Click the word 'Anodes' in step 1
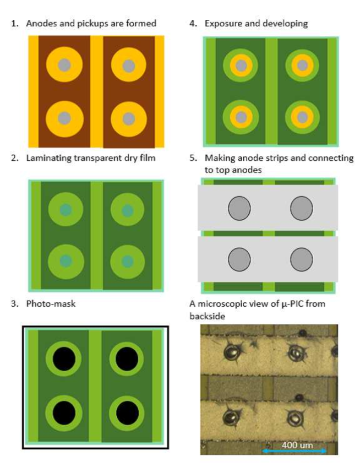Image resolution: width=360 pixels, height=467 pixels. tap(42, 24)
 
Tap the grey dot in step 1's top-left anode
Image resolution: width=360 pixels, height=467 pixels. tap(64, 65)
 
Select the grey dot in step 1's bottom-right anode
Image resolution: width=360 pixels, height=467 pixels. tap(129, 118)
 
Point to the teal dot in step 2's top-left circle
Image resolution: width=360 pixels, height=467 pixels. tap(66, 210)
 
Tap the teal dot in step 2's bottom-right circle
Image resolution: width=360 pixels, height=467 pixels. tap(128, 262)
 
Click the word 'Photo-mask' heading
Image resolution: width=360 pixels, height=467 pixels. tap(51, 304)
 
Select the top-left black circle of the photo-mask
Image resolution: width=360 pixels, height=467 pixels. tap(64, 359)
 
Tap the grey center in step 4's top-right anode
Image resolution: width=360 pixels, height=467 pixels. tap(302, 66)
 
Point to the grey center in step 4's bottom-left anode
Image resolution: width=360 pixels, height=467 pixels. tap(241, 117)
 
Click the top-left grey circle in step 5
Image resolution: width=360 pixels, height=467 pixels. tap(239, 208)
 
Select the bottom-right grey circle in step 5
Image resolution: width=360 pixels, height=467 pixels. tap(301, 259)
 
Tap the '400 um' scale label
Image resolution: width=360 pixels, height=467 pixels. tap(297, 445)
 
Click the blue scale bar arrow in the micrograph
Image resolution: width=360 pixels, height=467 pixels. tap(294, 451)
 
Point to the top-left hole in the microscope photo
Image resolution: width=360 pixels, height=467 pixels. tap(232, 352)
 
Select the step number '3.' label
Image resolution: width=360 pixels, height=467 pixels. tap(15, 304)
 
